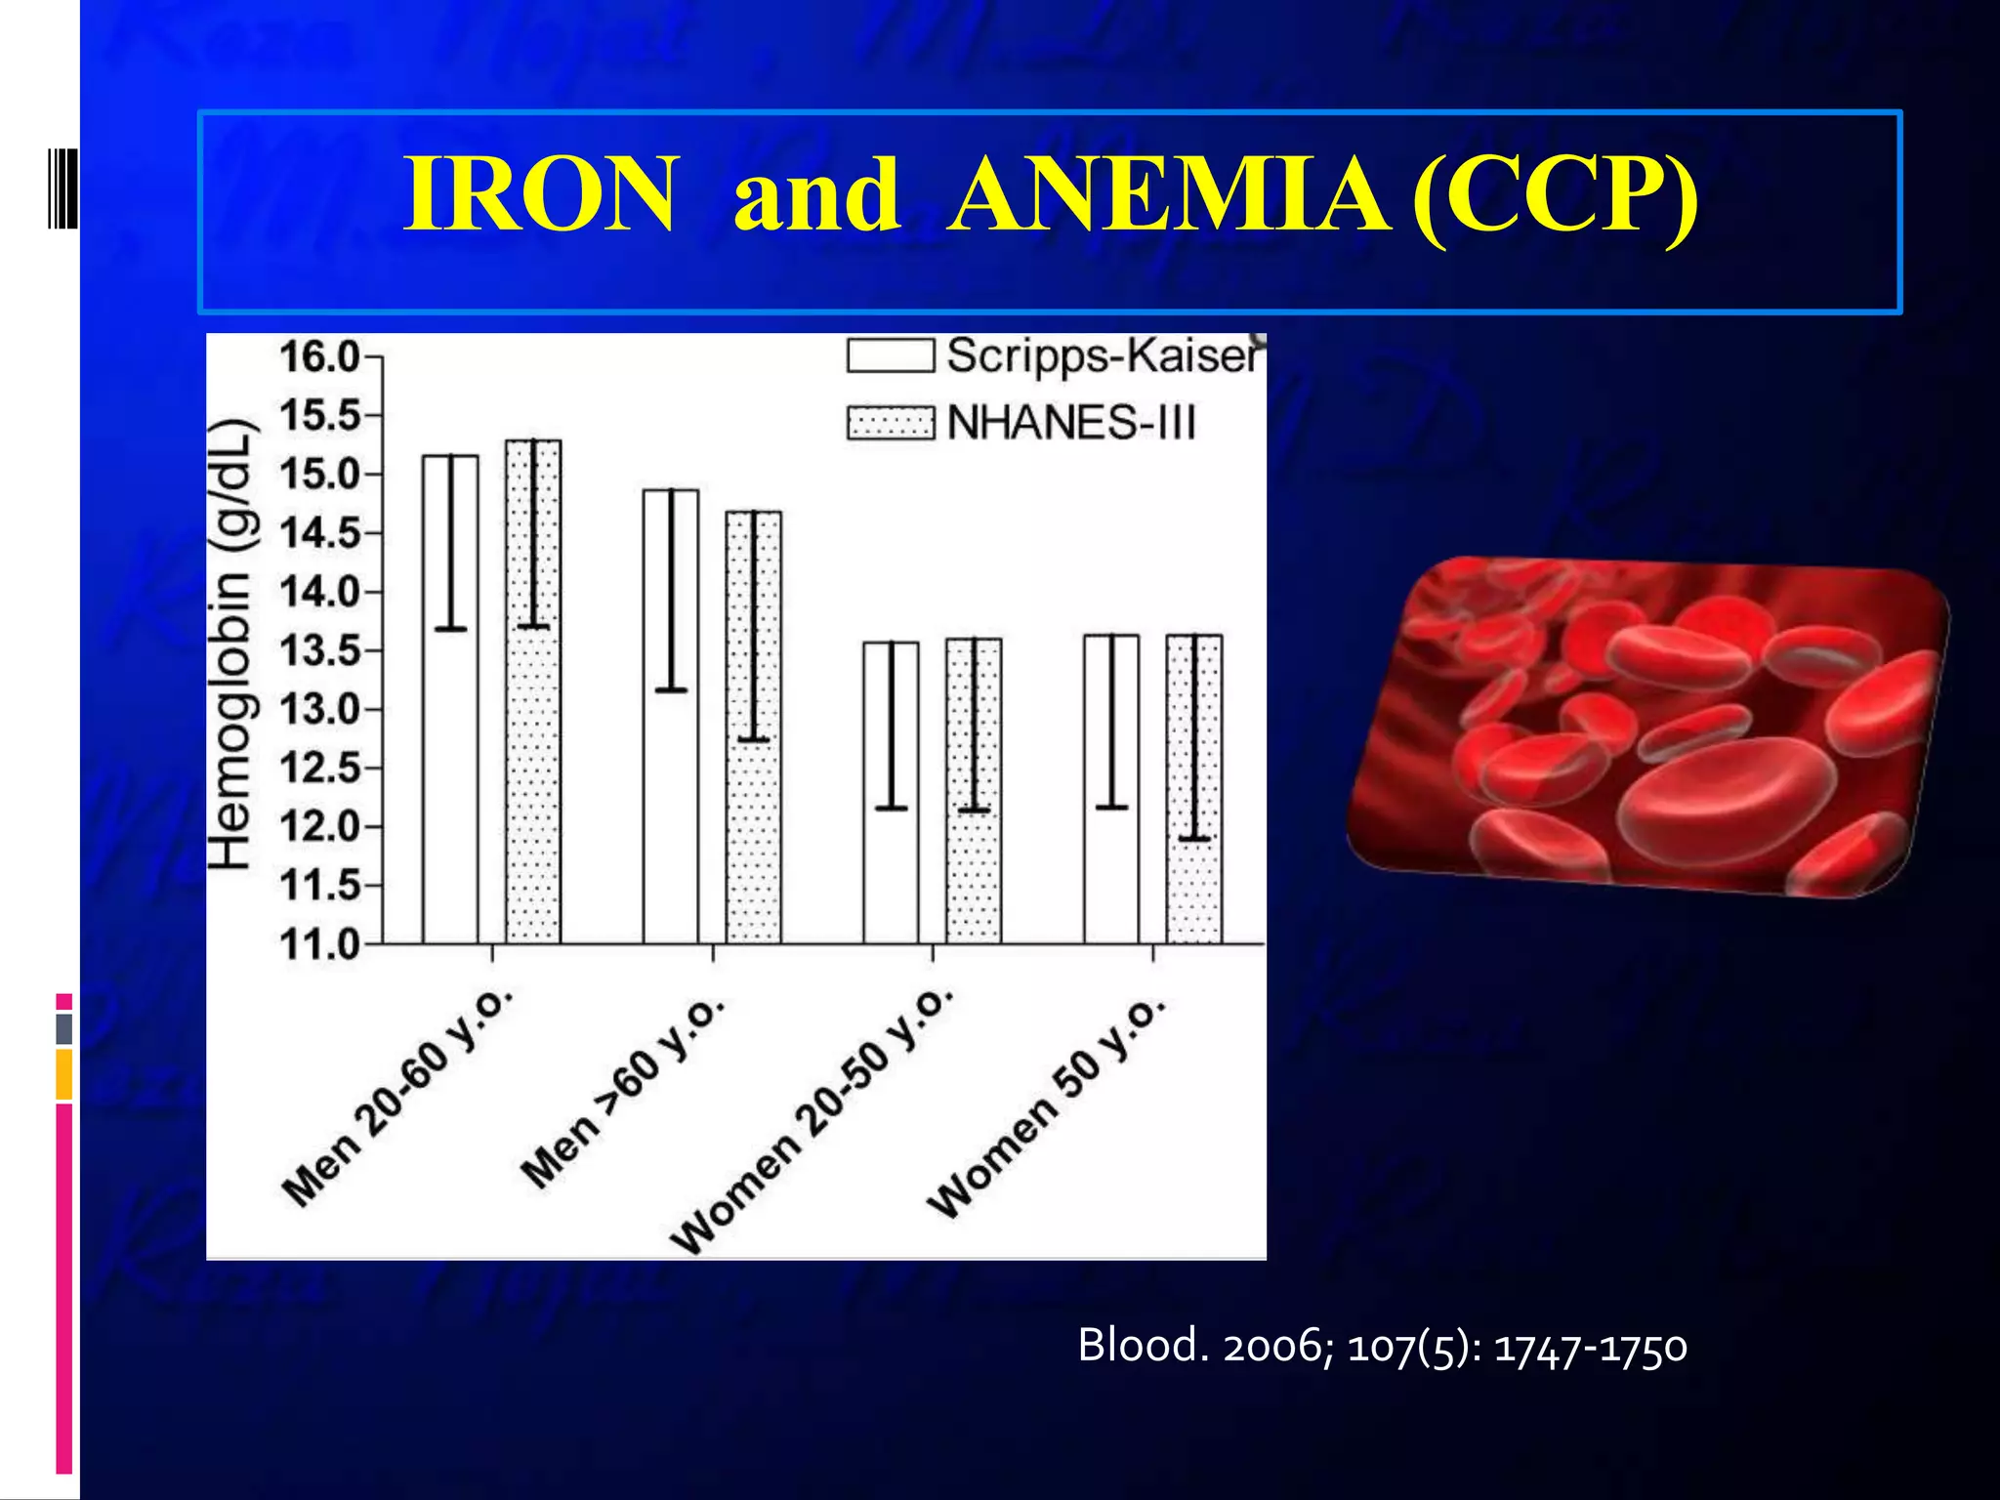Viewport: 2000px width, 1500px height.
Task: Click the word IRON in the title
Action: (539, 194)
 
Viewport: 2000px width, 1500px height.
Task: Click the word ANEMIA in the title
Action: (1168, 194)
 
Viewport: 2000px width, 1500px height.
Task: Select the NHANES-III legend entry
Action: (1021, 423)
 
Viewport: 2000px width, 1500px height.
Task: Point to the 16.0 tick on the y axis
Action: (320, 357)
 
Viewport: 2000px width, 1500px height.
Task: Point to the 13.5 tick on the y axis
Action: (320, 651)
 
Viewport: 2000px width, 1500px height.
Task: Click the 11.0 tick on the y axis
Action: (320, 945)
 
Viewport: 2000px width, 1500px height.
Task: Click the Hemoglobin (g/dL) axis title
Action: (233, 645)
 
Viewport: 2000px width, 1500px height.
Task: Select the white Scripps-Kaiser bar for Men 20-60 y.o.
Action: (450, 781)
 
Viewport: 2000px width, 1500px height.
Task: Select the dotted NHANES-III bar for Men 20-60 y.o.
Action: (533, 781)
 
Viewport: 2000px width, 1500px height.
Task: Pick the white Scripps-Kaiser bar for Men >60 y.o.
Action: (671, 801)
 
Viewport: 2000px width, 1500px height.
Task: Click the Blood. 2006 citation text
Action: (1382, 1347)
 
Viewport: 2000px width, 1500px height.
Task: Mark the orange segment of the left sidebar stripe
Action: (63, 1074)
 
